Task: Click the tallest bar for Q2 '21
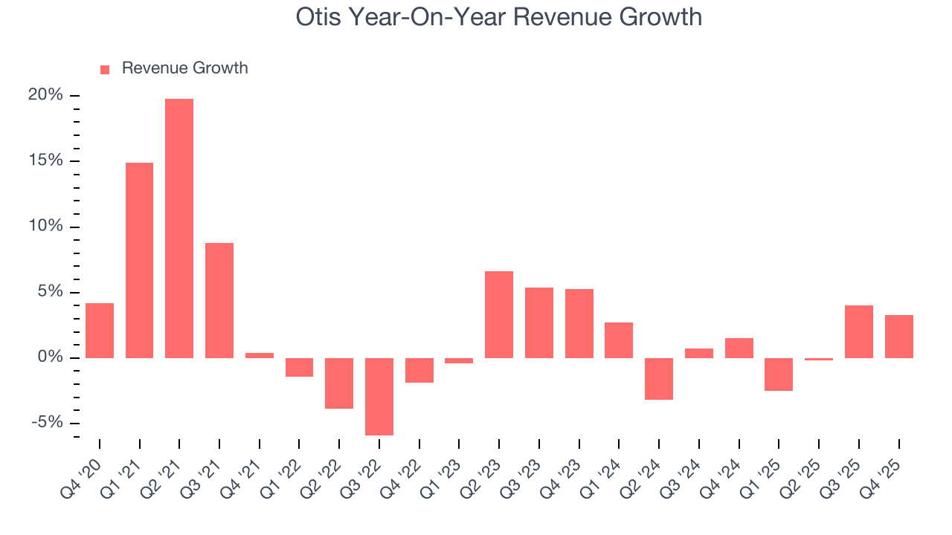point(179,228)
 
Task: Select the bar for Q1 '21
point(139,260)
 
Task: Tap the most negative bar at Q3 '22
point(379,396)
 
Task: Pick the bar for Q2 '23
point(499,314)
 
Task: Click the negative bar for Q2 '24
point(659,379)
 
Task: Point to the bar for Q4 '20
point(100,331)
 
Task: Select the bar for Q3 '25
point(859,331)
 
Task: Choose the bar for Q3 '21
point(219,300)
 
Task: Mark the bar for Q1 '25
point(779,374)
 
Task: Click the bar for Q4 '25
point(899,337)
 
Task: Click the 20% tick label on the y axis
point(45,95)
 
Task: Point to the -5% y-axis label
point(46,423)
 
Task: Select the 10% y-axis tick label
point(45,227)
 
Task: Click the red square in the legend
point(105,69)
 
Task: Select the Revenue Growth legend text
point(184,68)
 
